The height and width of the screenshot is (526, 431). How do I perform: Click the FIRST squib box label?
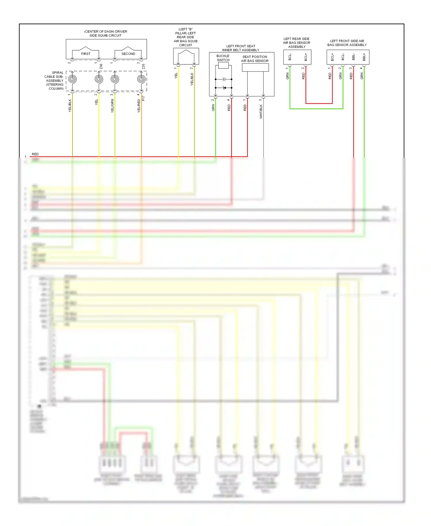coord(86,54)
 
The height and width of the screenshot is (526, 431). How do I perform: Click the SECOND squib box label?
coord(128,54)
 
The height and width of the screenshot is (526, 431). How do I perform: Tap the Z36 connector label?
coord(101,66)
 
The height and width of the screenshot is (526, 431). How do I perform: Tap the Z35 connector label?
coord(143,66)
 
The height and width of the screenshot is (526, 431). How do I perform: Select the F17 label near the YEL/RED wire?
coord(144,98)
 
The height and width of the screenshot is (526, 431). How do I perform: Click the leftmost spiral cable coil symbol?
coord(72,79)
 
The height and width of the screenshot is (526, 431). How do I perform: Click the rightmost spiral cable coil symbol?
coord(141,79)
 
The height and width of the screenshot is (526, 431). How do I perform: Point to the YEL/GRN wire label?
coord(112,106)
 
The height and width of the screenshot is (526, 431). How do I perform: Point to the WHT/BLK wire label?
coord(261,111)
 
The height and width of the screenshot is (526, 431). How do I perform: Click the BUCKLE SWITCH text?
coord(223,58)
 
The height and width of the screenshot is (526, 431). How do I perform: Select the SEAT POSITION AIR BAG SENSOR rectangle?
coord(255,68)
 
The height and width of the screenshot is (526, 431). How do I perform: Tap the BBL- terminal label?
coord(353,57)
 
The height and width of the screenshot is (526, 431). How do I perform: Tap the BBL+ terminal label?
coord(364,57)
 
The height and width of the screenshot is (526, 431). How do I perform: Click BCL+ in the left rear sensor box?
coord(306,57)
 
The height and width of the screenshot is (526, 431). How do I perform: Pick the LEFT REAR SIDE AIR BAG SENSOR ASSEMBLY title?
coord(297,43)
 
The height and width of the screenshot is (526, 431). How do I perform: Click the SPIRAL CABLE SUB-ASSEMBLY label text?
coord(54,81)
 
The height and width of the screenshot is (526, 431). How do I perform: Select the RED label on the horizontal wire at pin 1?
coord(35,154)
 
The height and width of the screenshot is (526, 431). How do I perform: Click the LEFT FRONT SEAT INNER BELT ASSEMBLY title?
coord(240,48)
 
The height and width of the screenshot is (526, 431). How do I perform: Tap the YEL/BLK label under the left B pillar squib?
coord(192,79)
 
